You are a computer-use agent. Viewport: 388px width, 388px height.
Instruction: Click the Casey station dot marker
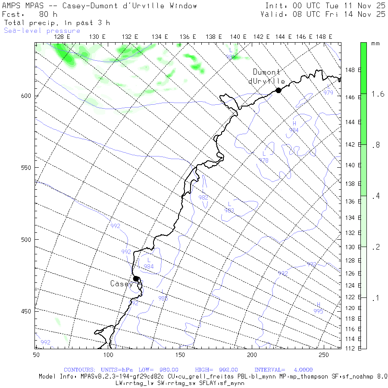point(136,278)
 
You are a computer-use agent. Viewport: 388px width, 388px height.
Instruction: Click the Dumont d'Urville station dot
point(278,90)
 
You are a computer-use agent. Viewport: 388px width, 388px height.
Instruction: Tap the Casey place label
point(121,284)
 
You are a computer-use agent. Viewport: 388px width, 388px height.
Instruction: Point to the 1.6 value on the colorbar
point(378,94)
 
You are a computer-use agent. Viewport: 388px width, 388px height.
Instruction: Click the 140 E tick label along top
point(238,37)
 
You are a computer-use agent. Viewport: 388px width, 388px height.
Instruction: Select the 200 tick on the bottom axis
point(252,354)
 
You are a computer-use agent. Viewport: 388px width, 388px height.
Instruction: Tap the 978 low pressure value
point(263,160)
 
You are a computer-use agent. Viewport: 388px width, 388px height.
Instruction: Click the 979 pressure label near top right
point(328,93)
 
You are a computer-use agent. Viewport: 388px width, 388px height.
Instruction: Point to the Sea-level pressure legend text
point(42,31)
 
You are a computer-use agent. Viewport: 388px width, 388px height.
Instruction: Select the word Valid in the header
point(272,14)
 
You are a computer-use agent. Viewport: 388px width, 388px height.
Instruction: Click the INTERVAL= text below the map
point(269,370)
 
